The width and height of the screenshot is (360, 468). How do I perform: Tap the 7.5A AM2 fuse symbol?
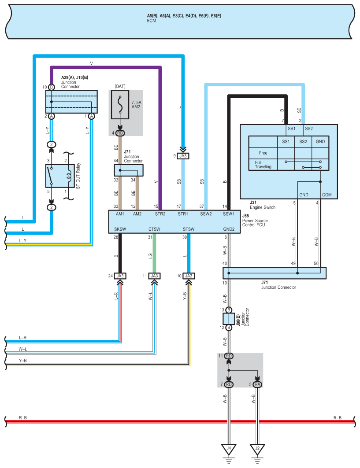tap(120, 105)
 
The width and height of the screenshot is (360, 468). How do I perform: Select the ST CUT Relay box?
tap(60, 176)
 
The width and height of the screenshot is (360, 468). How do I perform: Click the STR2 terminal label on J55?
tap(160, 214)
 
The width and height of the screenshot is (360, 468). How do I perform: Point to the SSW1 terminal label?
tap(229, 214)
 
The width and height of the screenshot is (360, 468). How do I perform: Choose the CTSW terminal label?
tap(155, 229)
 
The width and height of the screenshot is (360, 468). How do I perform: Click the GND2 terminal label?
tap(229, 229)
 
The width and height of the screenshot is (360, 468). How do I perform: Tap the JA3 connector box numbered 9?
tap(183, 156)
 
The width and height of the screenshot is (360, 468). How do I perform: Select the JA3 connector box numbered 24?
tap(120, 276)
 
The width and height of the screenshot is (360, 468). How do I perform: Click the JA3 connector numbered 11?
tap(155, 276)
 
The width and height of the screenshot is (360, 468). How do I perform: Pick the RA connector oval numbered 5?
tap(257, 384)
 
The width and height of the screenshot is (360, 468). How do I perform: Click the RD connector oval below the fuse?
tap(120, 133)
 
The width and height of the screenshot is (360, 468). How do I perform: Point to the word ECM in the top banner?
tap(152, 21)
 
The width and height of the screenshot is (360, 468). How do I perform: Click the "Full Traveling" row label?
tap(263, 165)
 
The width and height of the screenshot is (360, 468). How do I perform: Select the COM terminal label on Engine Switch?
tap(327, 195)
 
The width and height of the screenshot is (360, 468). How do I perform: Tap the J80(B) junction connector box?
tap(229, 319)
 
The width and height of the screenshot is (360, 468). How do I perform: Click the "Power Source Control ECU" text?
tap(255, 223)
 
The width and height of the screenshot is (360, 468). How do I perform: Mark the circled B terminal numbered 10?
tap(52, 87)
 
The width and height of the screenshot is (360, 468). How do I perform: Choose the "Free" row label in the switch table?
tap(263, 153)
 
